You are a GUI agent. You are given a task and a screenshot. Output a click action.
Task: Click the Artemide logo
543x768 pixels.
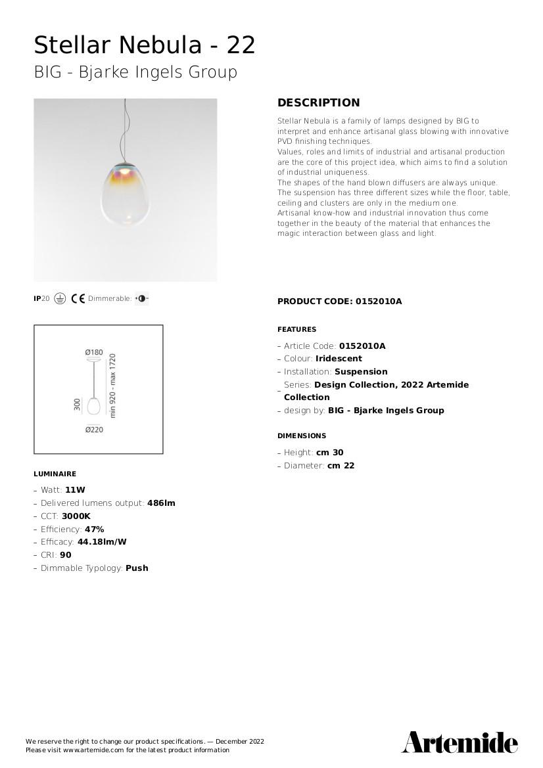coord(460,742)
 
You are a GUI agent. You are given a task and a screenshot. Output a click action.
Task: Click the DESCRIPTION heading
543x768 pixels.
coord(318,102)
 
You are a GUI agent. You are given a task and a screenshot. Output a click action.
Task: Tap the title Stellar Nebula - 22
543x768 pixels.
coord(145,45)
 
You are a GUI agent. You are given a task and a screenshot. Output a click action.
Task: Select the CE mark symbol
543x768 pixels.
coord(78,299)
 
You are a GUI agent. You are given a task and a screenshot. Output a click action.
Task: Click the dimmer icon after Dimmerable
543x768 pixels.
coord(142,299)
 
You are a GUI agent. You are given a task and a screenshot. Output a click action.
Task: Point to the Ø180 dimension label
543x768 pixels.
coord(94,353)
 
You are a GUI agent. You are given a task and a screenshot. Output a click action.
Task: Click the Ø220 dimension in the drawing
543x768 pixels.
coord(94,430)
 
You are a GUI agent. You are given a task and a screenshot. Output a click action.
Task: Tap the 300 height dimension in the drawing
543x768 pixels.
coord(78,405)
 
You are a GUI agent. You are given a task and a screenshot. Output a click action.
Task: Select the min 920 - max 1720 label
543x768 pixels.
coord(112,386)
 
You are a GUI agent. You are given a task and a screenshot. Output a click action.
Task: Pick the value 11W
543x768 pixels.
coord(75,490)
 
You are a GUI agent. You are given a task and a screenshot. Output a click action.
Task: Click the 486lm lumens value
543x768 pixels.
coord(161,503)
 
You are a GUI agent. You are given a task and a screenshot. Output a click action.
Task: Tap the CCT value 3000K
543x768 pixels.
coord(76,516)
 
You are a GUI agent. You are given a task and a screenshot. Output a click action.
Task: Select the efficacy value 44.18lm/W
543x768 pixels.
coord(102,542)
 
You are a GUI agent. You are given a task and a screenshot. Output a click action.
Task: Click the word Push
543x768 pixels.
coord(137,568)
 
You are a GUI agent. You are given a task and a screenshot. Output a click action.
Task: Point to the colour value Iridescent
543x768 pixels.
coord(339,359)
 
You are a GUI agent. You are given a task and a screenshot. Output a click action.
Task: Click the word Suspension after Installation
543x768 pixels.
coord(361,372)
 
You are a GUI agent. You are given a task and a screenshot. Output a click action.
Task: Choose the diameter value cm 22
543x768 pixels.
coord(341,466)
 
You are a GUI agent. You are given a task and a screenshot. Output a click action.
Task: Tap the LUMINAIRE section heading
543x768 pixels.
coord(55,474)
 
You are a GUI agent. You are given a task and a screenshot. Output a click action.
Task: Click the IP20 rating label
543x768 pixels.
coord(41,299)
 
